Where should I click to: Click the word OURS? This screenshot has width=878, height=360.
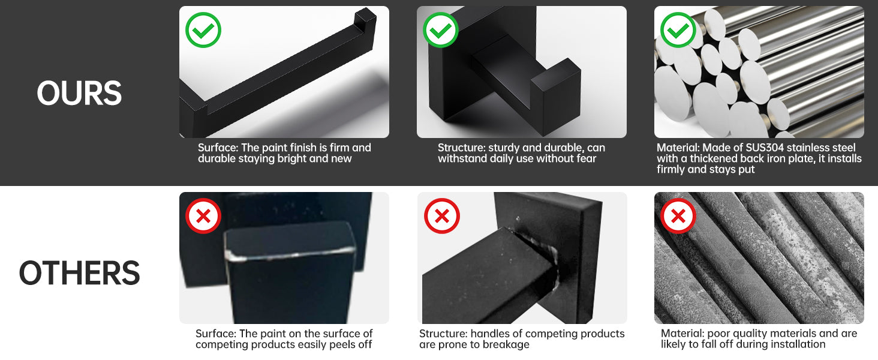tap(79, 93)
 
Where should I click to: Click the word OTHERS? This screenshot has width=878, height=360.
tap(80, 273)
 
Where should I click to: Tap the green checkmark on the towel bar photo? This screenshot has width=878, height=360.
tap(203, 30)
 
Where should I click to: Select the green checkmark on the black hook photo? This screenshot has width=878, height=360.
tap(441, 30)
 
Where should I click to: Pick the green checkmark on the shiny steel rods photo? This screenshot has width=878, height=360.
tap(678, 30)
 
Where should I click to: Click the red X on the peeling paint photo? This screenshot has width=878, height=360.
tap(203, 216)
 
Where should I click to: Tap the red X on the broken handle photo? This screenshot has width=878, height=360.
tap(442, 216)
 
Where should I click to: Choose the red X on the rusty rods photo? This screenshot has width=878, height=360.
tap(678, 216)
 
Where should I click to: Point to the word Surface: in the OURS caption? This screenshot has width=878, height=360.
tap(218, 148)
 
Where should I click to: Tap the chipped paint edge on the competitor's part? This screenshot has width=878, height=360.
tap(290, 254)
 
